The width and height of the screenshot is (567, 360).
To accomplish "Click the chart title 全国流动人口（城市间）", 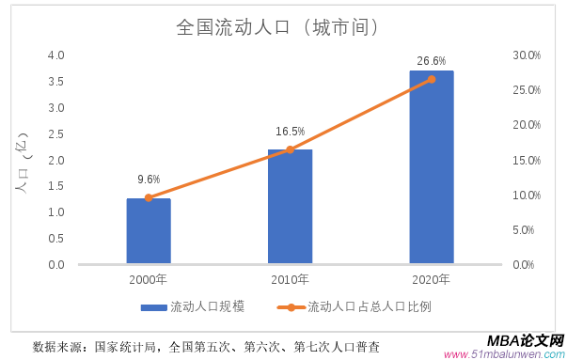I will point(279,27).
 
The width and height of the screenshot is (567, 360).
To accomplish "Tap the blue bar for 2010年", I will point(290,207).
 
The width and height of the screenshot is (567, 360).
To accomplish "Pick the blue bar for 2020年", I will point(432,167).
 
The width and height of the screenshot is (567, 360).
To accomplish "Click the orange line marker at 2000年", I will point(149,197).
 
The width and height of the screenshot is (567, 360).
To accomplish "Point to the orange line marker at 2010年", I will point(290,149).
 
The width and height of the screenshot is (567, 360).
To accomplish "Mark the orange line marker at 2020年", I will point(432,79).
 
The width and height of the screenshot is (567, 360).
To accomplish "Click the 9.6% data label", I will point(149,180).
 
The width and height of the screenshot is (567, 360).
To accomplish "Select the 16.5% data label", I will point(290,132).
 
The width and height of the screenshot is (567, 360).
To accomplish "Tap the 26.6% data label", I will point(431,61).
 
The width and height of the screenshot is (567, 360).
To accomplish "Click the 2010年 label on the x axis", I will point(290,280).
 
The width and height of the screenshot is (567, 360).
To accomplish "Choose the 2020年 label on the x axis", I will point(432,280).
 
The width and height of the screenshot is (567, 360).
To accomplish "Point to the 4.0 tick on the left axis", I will point(55,55).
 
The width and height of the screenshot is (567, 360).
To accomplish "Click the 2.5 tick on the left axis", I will point(55,133).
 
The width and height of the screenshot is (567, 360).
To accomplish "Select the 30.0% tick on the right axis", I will point(526,55).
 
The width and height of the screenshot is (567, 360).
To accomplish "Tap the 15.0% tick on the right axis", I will point(526,160).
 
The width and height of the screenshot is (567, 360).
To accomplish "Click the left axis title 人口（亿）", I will point(21,161).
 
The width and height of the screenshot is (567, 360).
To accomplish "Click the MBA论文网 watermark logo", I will point(525,340).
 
